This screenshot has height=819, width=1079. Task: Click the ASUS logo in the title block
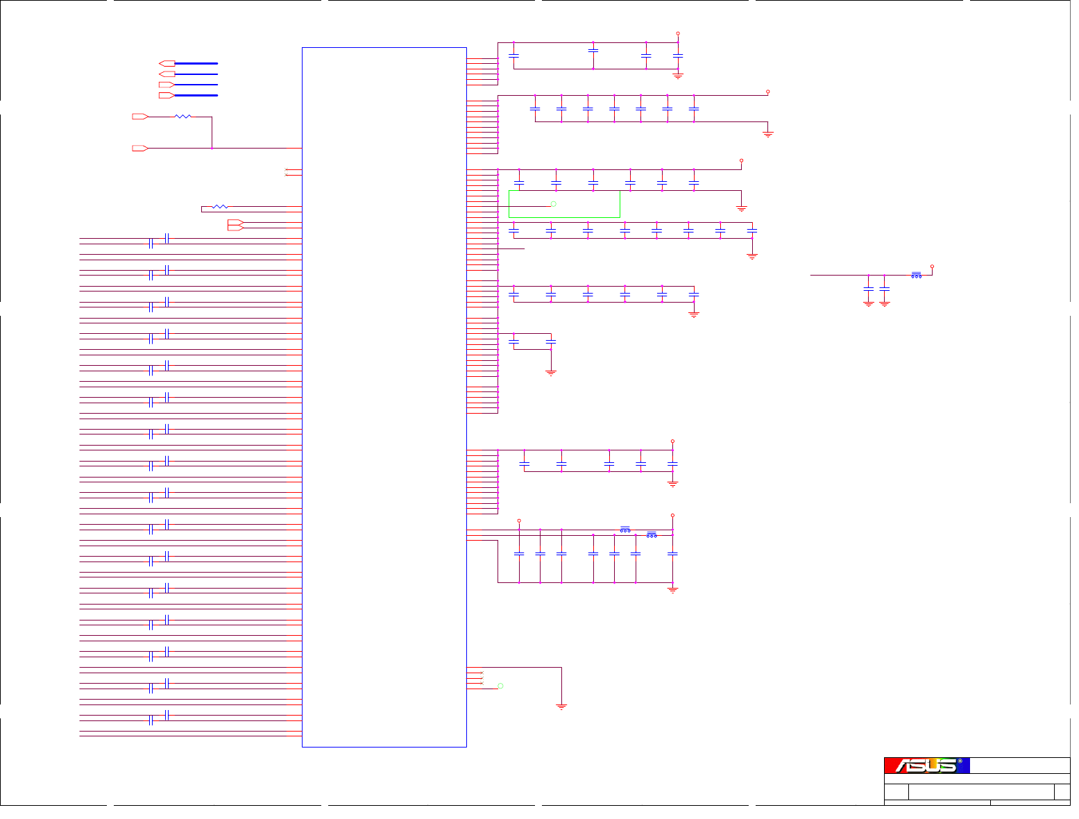coord(926,766)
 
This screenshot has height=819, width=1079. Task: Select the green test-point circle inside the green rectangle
coord(553,203)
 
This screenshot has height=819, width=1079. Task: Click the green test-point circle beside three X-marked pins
coord(500,686)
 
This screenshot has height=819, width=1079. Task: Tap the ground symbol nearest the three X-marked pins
coord(561,707)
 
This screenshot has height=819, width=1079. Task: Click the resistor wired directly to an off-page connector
coord(182,117)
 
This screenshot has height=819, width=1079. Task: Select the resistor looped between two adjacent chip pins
coord(220,206)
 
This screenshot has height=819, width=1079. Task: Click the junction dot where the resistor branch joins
coord(212,148)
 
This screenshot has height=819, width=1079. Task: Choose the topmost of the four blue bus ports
coord(167,63)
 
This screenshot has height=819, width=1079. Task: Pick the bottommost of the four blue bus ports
coord(167,95)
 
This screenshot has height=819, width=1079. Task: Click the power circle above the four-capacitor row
coord(678,33)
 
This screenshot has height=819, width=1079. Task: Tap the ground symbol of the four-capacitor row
coord(678,75)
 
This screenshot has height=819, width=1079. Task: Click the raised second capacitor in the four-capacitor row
coord(593,50)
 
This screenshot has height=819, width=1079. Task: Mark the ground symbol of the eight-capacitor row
coord(752,256)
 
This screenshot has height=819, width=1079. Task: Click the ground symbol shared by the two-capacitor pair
coord(551,373)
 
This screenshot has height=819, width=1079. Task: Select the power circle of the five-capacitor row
coord(672,441)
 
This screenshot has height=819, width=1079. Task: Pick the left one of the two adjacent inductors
coord(625,530)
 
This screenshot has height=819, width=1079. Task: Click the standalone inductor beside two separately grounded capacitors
coord(917,275)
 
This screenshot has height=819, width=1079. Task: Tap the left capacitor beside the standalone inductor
coord(868,288)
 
